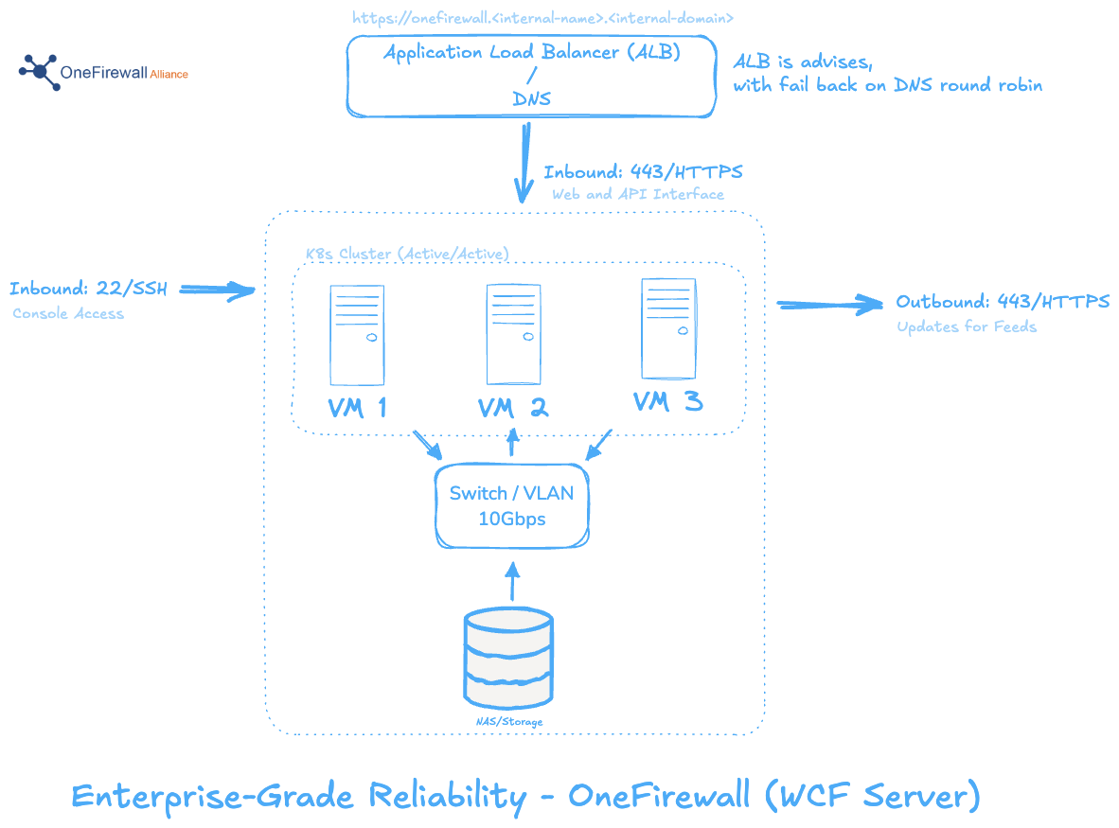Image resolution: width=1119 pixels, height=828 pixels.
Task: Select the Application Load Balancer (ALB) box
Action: (x=530, y=76)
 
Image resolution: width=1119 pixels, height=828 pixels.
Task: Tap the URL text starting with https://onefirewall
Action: (x=542, y=18)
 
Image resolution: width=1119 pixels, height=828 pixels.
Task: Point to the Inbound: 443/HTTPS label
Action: (x=643, y=173)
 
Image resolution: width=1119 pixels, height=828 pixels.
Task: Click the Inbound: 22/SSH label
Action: (x=88, y=290)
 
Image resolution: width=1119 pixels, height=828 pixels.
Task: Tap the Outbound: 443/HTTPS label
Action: (x=1003, y=303)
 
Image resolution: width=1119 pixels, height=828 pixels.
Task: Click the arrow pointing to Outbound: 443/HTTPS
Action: (x=829, y=305)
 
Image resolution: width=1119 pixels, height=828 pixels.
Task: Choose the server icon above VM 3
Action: (x=668, y=328)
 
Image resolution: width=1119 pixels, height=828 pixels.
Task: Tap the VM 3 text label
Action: (x=667, y=403)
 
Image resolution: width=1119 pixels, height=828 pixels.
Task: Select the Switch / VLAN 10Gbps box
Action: (x=511, y=505)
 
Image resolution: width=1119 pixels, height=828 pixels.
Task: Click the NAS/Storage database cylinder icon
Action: (x=508, y=659)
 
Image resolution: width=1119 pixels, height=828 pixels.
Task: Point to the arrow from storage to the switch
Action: (x=512, y=583)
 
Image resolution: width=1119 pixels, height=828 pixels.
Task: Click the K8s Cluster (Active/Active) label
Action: (x=407, y=255)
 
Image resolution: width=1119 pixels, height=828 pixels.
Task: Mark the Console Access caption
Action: (x=68, y=314)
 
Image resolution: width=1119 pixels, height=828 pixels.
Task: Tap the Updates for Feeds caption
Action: (x=967, y=327)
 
